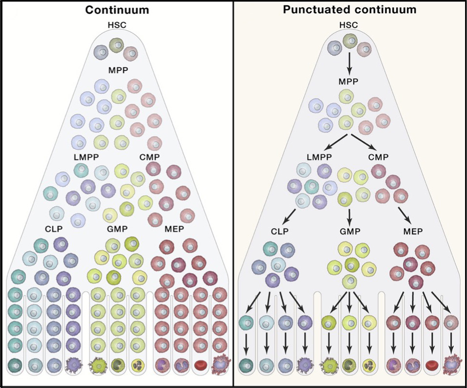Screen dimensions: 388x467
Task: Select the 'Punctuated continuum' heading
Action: (350, 9)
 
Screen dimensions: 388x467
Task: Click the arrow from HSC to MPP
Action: (350, 62)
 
